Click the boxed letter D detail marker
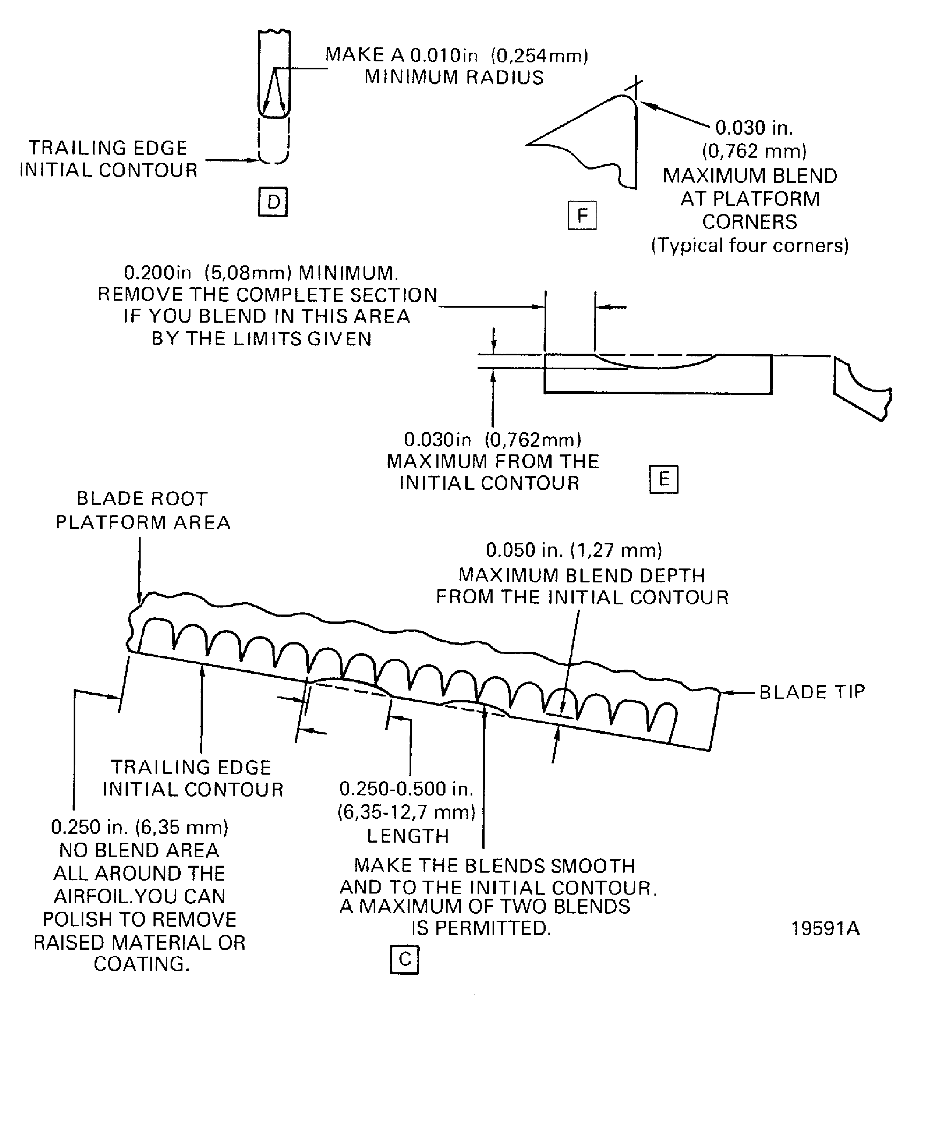(273, 202)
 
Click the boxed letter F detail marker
(582, 215)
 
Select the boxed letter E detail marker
(664, 479)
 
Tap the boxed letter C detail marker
(405, 959)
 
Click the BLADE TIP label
(812, 692)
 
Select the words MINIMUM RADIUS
(454, 77)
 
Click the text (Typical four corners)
(750, 246)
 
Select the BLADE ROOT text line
(142, 499)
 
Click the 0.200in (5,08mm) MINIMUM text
(261, 273)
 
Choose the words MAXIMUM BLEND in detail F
(750, 176)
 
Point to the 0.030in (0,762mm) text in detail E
(492, 440)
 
